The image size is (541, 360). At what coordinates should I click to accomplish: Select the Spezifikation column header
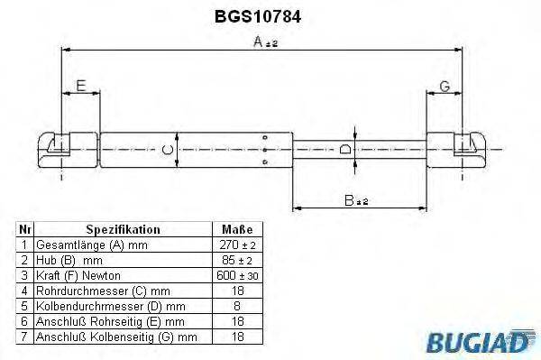coord(123,229)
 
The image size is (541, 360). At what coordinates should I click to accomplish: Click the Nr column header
coord(25,229)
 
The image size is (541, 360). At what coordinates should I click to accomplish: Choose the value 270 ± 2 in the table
coord(236,245)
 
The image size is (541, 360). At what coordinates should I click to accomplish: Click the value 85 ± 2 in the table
coord(236,259)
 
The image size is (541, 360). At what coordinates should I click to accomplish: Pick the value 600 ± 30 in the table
coord(236,274)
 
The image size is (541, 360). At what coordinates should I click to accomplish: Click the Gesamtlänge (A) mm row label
coord(90,245)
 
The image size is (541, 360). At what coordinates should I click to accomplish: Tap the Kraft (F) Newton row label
coord(78,274)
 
